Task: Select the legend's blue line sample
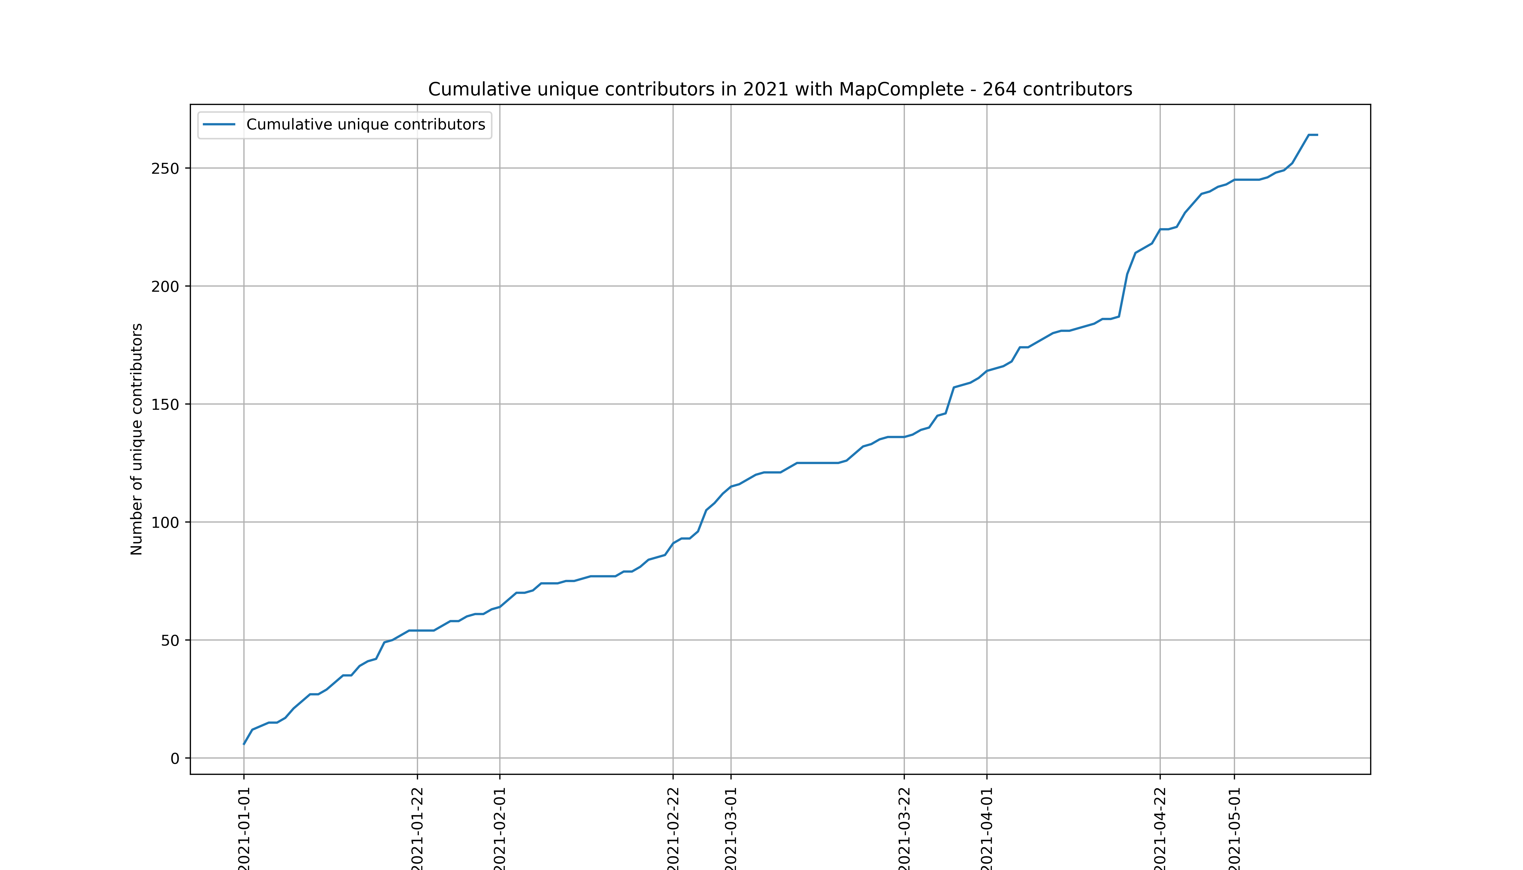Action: pyautogui.click(x=219, y=124)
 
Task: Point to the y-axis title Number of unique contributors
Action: pyautogui.click(x=137, y=439)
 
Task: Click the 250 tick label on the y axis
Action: pyautogui.click(x=165, y=169)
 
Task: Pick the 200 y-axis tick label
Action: pyautogui.click(x=165, y=286)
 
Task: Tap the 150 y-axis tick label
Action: pyautogui.click(x=165, y=405)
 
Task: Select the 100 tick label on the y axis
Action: pyautogui.click(x=165, y=522)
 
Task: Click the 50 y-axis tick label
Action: pyautogui.click(x=170, y=641)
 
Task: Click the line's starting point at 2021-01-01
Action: pyautogui.click(x=244, y=744)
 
